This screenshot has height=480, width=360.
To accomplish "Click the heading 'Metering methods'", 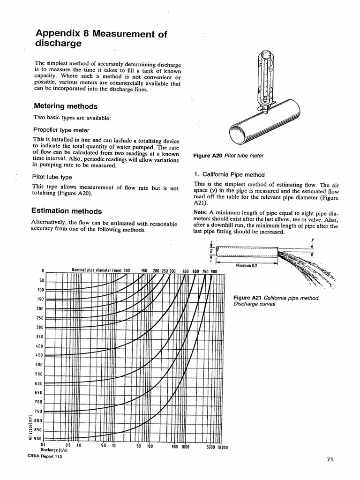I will point(66,106).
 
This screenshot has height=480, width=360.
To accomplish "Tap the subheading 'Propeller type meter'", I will point(61,130).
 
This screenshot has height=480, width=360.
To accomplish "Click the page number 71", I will point(329,459).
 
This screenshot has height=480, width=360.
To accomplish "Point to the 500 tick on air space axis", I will point(39,365).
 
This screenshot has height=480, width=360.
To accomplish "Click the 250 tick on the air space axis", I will point(39,318).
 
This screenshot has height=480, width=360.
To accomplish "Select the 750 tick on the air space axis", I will point(39,412).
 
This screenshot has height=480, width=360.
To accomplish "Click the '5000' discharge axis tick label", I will point(211,447).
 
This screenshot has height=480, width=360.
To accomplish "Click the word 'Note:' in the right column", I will point(200,212).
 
